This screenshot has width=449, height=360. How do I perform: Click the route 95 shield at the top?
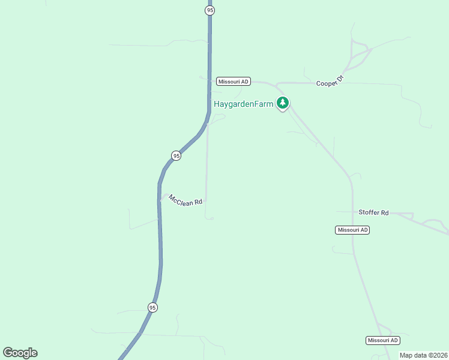[x=209, y=10]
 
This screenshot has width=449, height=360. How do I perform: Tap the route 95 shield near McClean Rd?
[x=176, y=155]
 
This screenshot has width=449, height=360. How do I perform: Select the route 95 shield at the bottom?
[x=152, y=307]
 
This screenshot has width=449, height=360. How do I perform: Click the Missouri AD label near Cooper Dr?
[x=233, y=82]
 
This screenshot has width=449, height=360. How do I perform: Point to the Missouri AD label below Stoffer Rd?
[x=352, y=230]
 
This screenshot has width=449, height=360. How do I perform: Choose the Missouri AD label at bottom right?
[x=382, y=340]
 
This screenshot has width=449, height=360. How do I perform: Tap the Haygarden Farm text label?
[x=244, y=104]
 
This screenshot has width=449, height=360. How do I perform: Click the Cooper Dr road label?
[x=330, y=80]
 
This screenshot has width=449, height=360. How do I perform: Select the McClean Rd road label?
[x=185, y=200]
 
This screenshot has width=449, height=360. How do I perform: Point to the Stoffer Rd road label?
[x=373, y=213]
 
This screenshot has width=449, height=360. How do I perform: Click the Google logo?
[x=20, y=353]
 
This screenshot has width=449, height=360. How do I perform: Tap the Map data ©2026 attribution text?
[x=423, y=355]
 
